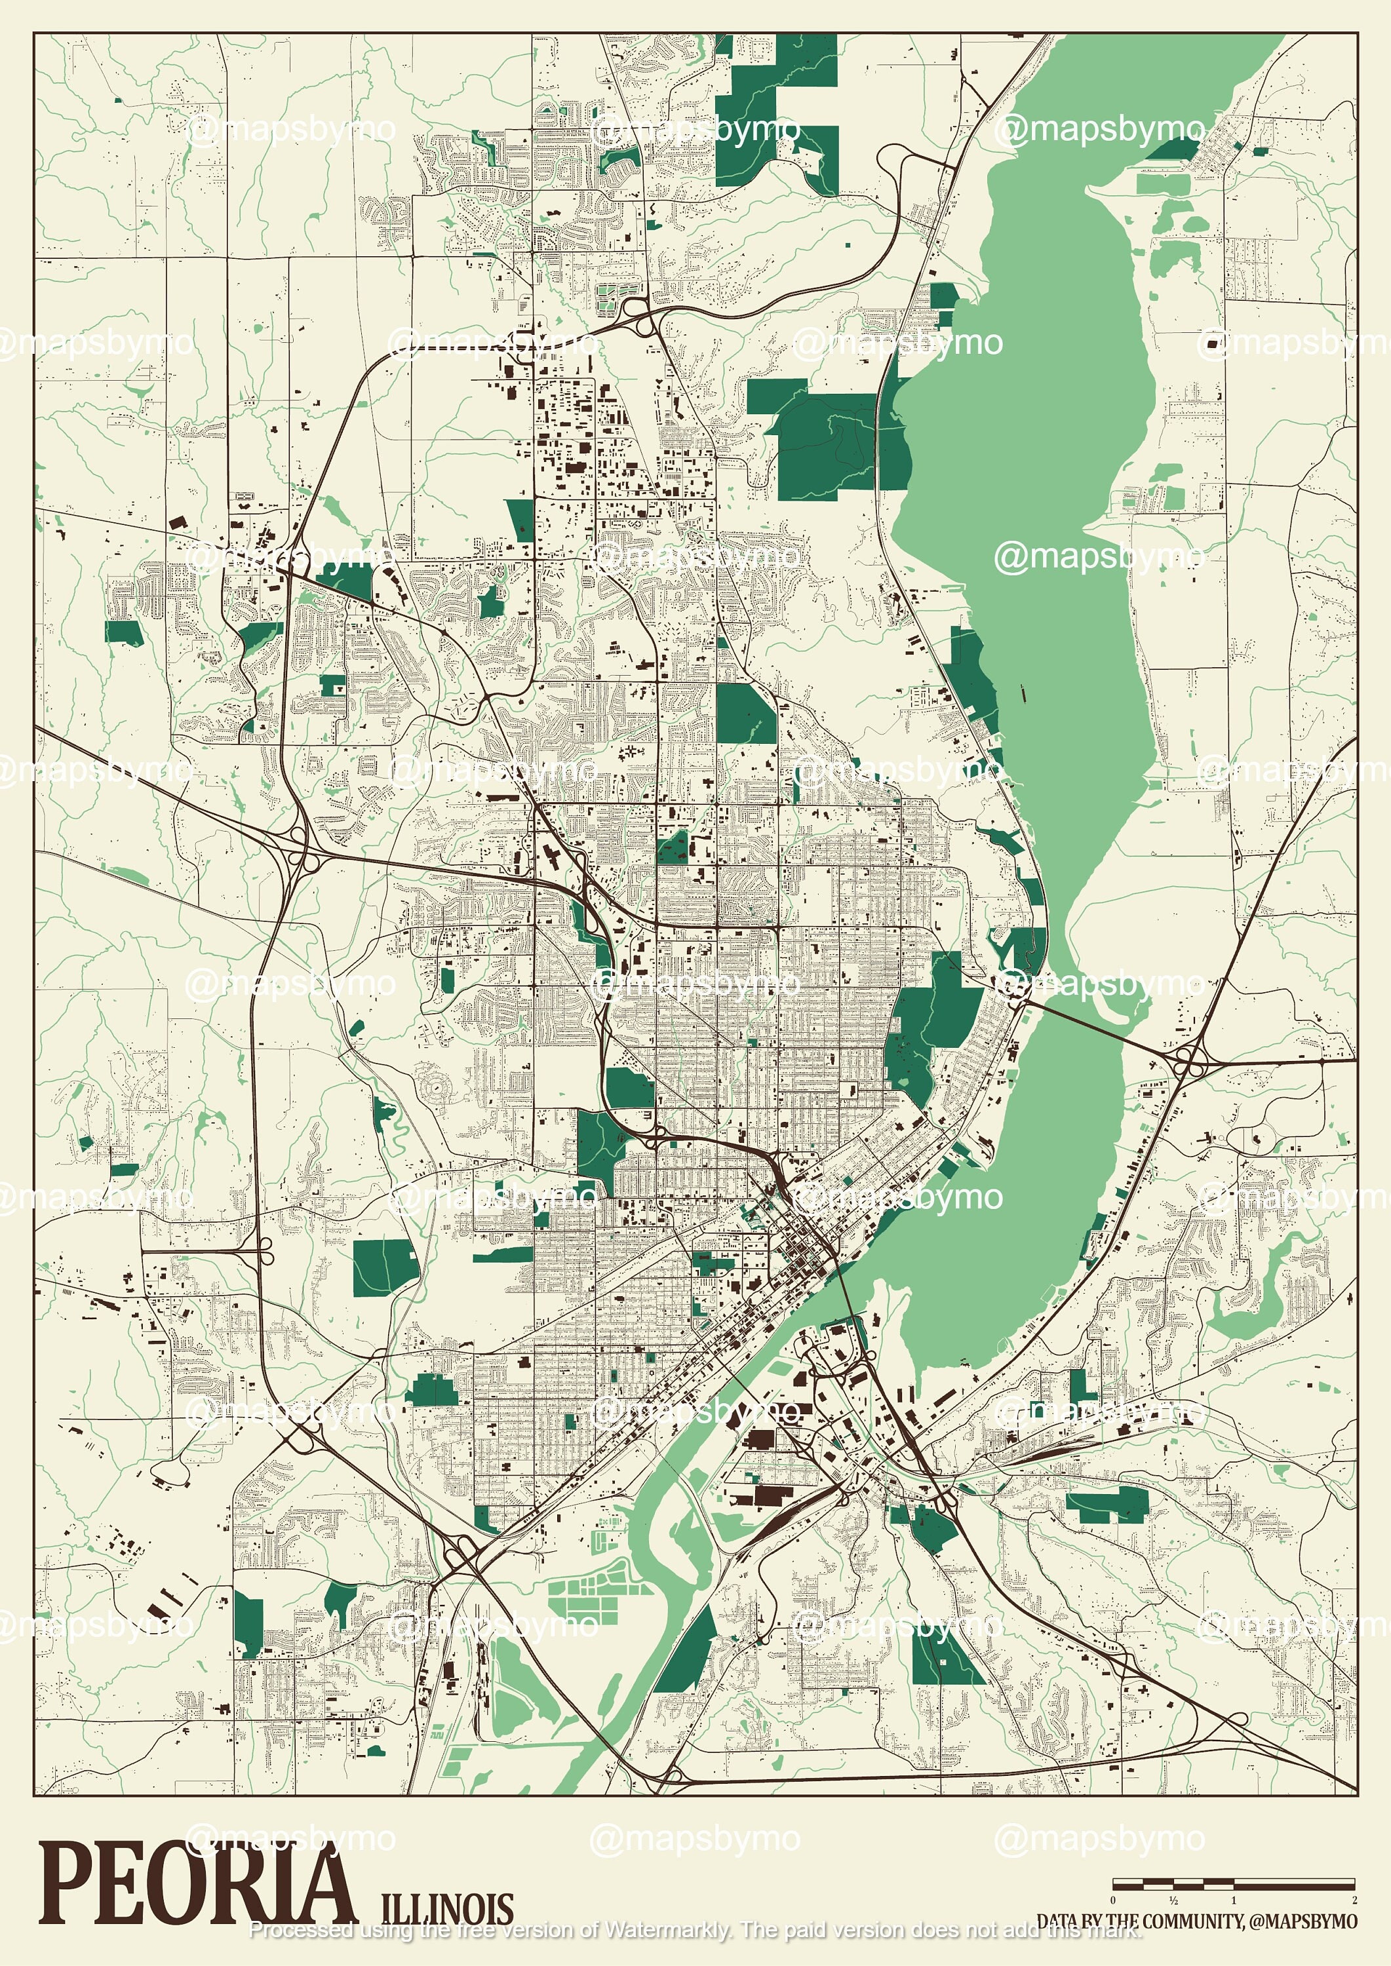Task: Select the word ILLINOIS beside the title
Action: (446, 1908)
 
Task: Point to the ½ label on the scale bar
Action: (1173, 1900)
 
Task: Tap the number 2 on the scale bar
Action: (1354, 1900)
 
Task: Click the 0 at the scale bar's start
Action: (1112, 1900)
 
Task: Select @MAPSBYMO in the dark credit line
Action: (1302, 1922)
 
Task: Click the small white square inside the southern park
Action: (943, 1661)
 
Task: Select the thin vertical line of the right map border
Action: (1358, 857)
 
